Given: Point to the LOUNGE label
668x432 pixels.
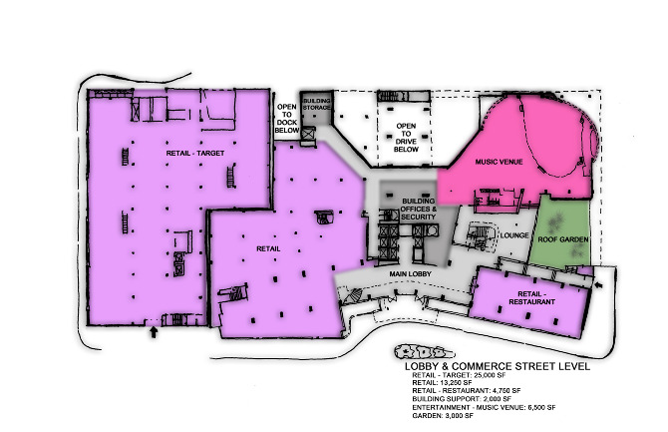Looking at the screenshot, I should coord(514,236).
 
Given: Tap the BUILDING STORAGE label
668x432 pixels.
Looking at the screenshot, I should coord(316,106).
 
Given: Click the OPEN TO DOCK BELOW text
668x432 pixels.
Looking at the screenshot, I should coord(287,117).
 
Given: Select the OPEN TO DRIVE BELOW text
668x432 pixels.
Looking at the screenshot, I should coord(406,138).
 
